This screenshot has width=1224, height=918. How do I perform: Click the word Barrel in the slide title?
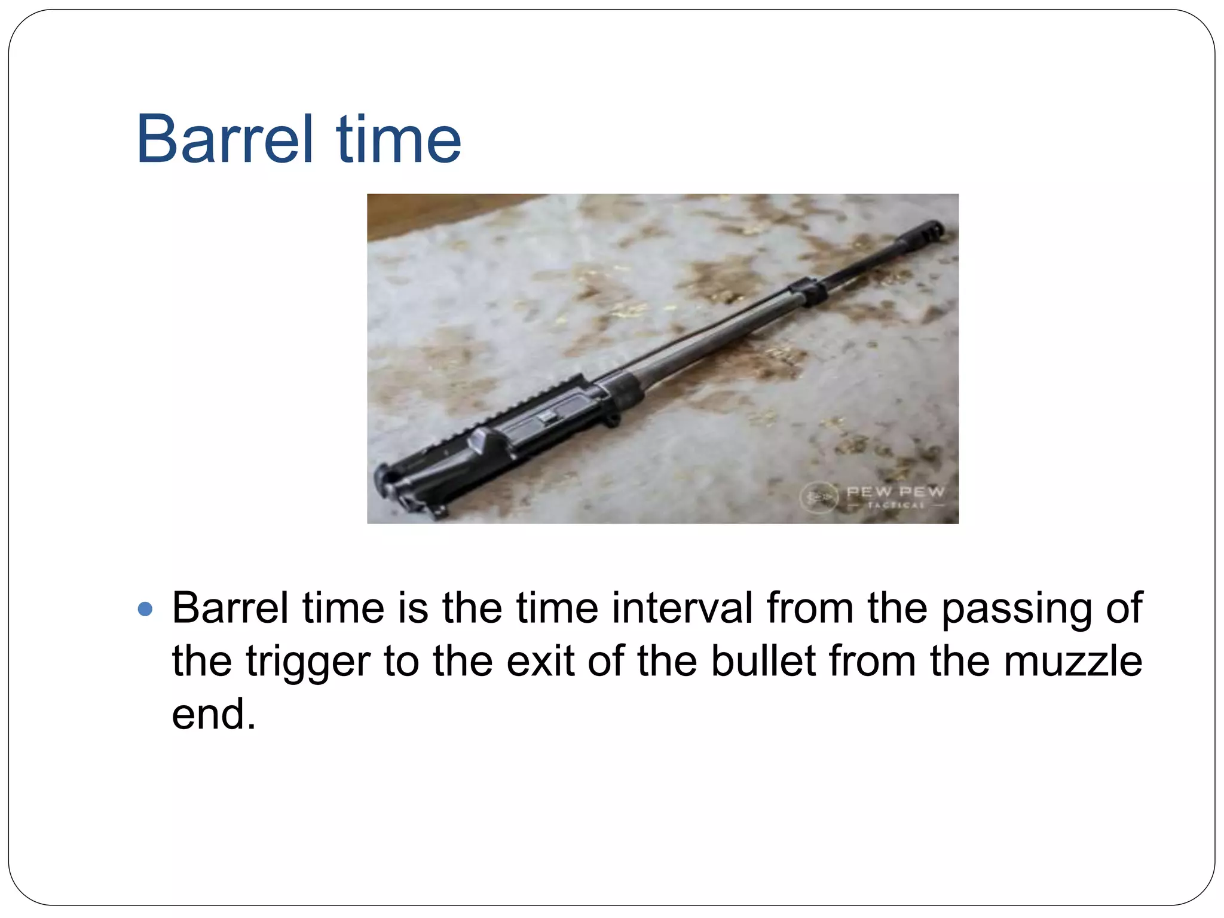tap(225, 139)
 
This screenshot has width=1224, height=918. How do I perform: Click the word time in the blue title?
tap(399, 139)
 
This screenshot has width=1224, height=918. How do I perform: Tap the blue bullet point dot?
tap(145, 609)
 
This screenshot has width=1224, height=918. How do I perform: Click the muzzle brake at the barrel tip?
tap(925, 232)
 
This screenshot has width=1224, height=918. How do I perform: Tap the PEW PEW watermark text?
tap(895, 492)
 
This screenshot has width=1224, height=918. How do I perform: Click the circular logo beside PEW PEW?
tap(819, 495)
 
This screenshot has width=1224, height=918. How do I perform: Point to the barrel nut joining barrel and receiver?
tap(625, 390)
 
